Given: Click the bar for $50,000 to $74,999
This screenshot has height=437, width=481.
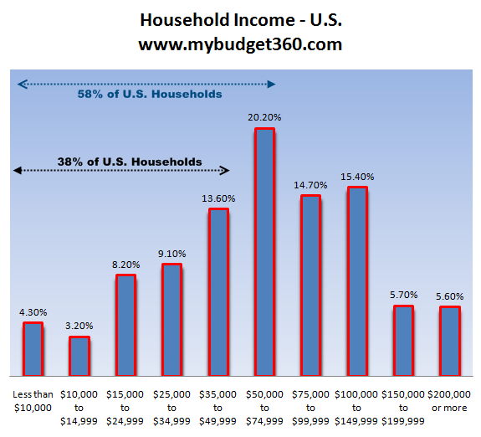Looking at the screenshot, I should [264, 251].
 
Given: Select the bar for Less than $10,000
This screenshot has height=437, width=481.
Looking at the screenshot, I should [33, 348].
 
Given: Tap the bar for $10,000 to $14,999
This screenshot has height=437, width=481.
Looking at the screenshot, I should [79, 356].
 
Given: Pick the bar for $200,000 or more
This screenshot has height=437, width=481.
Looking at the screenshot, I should [449, 341].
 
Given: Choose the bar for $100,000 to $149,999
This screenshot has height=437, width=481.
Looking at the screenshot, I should [357, 280].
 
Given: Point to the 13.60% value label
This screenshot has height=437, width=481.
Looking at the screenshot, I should [217, 198].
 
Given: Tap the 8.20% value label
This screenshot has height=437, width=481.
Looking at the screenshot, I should [125, 265].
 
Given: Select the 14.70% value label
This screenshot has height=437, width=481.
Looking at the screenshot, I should [310, 186].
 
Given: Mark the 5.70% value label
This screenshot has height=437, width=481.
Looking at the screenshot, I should [403, 296].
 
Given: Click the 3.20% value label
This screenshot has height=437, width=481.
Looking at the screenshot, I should [79, 326].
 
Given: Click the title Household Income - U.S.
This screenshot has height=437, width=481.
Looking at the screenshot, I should [240, 19].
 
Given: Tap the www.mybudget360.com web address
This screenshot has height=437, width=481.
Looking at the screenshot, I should [240, 44].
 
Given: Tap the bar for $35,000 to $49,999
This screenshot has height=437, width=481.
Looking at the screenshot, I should [218, 291].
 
